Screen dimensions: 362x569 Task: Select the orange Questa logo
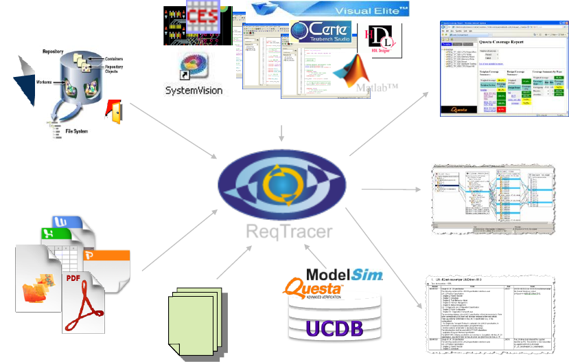[x=316, y=291]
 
